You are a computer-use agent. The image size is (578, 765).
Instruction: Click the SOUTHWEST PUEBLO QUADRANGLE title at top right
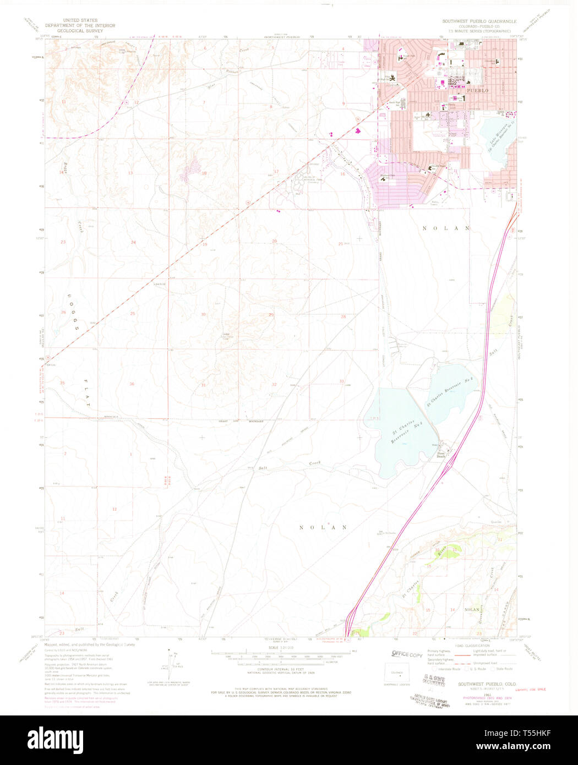[x=479, y=21]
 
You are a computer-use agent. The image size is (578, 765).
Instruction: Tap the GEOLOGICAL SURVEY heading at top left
[x=80, y=31]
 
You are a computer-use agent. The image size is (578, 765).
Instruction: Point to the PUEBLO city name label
[x=476, y=90]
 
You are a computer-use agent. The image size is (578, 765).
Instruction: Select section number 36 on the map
[x=132, y=384]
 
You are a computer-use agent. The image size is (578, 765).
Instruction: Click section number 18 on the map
[x=204, y=173]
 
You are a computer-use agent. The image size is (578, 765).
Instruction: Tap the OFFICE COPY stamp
[x=407, y=654]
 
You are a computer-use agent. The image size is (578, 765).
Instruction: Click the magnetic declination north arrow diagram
[x=171, y=657]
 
